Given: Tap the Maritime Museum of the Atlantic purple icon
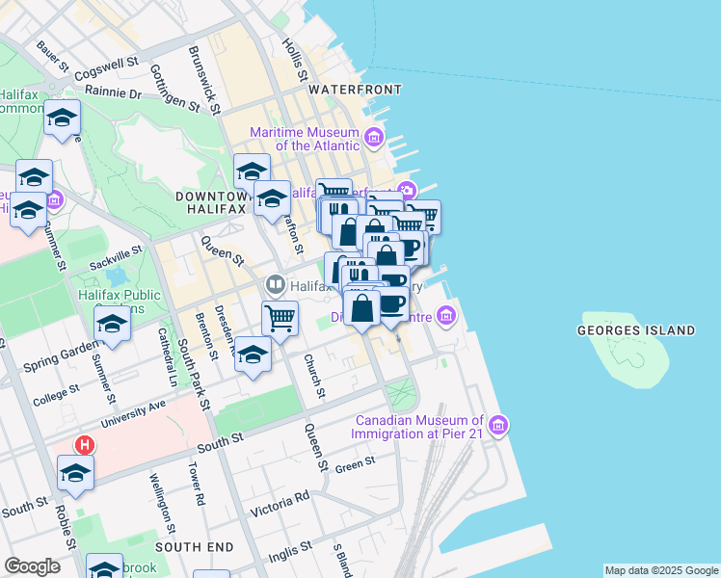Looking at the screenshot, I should click(374, 139).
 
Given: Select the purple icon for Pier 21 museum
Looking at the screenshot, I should click(497, 425).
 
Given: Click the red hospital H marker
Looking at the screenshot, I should click(85, 446).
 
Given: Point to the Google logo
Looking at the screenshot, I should click(32, 566).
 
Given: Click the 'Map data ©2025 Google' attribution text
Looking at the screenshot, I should click(661, 570).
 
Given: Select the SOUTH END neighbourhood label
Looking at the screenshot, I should click(195, 546).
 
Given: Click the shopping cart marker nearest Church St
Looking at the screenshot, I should click(280, 317).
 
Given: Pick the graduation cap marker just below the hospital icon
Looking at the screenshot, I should click(75, 472).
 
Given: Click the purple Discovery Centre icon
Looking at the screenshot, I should click(445, 315).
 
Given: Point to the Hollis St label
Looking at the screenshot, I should click(295, 60).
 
